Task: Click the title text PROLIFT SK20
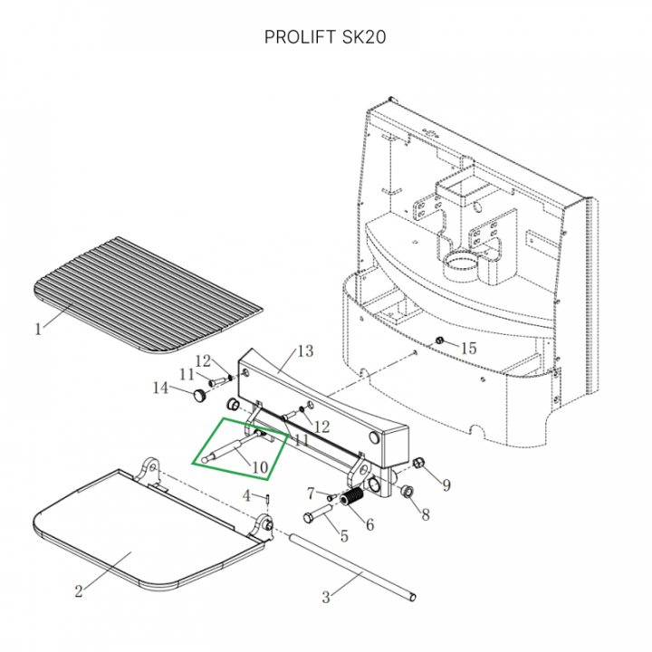point(326,37)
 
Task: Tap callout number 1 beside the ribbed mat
point(38,330)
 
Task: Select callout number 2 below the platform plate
point(79,591)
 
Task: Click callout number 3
point(327,597)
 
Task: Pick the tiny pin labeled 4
point(269,499)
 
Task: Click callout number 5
point(343,535)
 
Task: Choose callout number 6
point(369,524)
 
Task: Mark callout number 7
point(311,494)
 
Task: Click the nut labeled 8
point(407,492)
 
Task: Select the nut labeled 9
point(418,465)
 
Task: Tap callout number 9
point(446,485)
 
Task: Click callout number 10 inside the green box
point(261,467)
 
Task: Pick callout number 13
point(304,351)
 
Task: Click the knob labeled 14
point(197,394)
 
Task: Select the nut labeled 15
point(439,341)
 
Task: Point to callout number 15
point(467,348)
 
